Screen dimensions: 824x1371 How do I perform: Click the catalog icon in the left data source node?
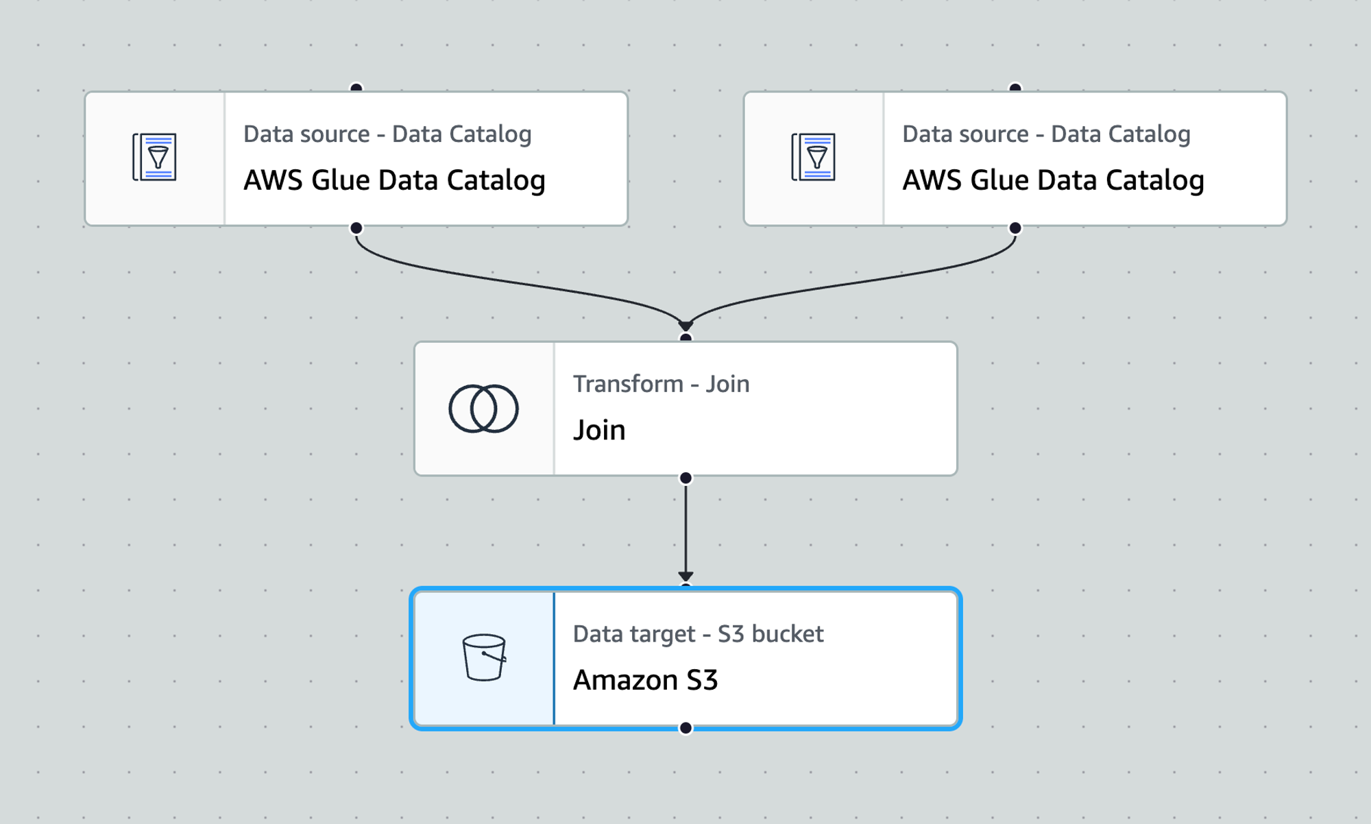(154, 158)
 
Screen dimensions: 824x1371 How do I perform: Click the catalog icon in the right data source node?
(813, 158)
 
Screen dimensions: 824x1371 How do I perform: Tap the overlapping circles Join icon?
(483, 409)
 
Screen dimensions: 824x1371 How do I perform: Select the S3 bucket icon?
(484, 657)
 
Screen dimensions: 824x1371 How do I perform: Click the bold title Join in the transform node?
(599, 431)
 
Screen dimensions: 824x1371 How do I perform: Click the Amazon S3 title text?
(645, 680)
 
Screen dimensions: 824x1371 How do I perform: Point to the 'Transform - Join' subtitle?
(661, 384)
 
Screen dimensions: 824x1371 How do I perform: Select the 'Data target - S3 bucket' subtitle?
(698, 634)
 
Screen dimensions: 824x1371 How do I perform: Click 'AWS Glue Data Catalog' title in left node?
(394, 180)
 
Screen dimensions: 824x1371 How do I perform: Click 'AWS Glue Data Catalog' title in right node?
(1053, 180)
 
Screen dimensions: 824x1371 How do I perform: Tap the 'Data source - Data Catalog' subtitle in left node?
(387, 134)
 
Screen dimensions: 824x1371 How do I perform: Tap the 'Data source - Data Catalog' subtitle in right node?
(1046, 134)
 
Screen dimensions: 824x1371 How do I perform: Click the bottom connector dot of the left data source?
(356, 228)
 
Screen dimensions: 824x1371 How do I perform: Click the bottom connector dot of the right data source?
(1015, 228)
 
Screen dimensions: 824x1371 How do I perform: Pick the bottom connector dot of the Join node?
(685, 478)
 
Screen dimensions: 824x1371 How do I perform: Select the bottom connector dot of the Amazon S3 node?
(685, 728)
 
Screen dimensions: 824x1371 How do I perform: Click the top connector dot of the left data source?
(356, 88)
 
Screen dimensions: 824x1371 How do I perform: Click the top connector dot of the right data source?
(1015, 88)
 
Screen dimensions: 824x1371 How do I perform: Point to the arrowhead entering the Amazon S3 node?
(685, 577)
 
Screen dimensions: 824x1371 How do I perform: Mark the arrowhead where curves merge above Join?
(685, 325)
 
